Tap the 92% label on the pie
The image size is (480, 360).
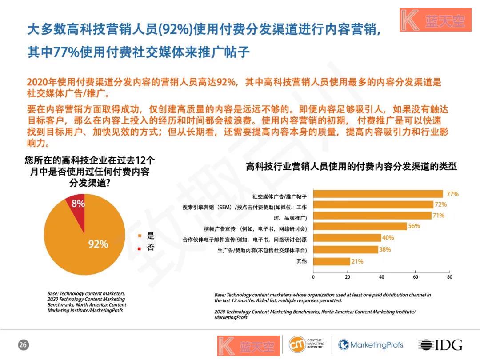[x=98, y=244]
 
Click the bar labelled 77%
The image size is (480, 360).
[x=378, y=194]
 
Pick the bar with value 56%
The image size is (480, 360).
[x=360, y=226]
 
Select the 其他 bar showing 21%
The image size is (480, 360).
[x=331, y=261]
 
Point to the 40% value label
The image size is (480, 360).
[x=388, y=238]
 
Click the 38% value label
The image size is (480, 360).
[x=385, y=250]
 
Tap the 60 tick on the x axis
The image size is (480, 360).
[x=416, y=277]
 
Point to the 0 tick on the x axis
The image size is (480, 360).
[x=313, y=277]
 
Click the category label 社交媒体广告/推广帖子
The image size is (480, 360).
[x=280, y=196]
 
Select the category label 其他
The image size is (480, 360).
[x=302, y=261]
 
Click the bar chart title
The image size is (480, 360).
[x=351, y=167]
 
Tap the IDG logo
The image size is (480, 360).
[x=440, y=345]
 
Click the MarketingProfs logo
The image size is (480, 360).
[x=371, y=345]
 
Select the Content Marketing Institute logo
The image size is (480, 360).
[x=307, y=344]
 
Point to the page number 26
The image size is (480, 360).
[x=23, y=345]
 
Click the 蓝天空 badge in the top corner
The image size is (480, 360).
[x=435, y=20]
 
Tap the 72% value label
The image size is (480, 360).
[x=440, y=204]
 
